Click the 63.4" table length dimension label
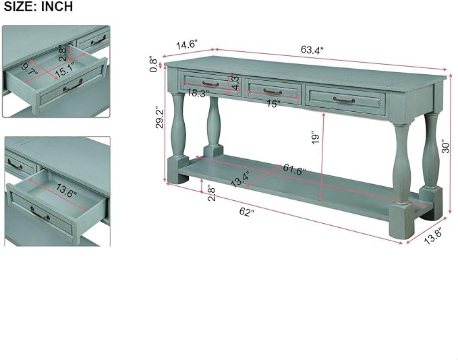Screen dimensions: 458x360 tap(312, 50)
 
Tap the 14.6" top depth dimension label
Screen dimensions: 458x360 tap(187, 45)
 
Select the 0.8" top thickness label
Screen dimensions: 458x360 tap(153, 65)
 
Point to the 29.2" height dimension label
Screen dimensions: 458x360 tap(160, 119)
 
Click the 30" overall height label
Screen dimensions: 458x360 tap(445, 148)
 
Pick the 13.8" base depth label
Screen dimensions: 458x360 tap(434, 236)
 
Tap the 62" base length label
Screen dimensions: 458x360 tap(247, 212)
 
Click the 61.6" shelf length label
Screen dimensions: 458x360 tap(294, 170)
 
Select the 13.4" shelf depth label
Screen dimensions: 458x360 tap(240, 179)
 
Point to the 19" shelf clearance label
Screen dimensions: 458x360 tap(316, 138)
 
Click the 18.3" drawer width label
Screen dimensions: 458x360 tap(198, 94)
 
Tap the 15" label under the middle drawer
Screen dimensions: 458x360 tap(274, 104)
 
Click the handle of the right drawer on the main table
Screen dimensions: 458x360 tap(344, 100)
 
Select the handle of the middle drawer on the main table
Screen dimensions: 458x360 tap(273, 92)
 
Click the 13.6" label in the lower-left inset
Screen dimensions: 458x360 tap(66, 191)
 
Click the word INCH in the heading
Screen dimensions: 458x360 tap(57, 6)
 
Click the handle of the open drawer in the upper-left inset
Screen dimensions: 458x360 tap(73, 86)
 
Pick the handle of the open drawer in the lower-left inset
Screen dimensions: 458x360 tap(40, 214)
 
